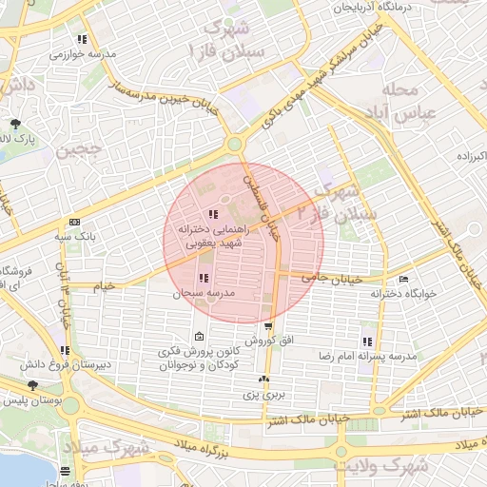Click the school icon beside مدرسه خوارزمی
point(82,40)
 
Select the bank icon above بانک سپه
point(75,221)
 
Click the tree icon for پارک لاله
point(15,124)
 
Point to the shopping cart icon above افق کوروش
point(268,325)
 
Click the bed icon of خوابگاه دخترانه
point(404,280)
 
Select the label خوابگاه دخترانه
point(404,294)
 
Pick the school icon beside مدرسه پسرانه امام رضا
point(367,341)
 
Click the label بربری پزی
point(263,393)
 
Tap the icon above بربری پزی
point(263,379)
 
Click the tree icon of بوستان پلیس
point(34,385)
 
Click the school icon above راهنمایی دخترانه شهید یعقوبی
point(212,214)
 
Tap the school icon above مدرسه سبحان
point(204,278)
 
